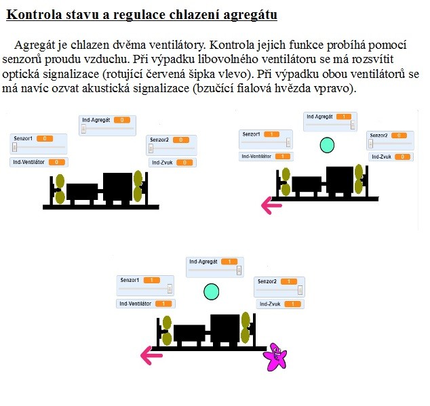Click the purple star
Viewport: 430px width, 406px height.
276,356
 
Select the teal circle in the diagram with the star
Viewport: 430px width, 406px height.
212,291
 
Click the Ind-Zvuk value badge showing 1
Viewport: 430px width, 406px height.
293,304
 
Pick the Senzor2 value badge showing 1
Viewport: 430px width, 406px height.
288,281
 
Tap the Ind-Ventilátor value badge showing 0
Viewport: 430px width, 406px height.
57,162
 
